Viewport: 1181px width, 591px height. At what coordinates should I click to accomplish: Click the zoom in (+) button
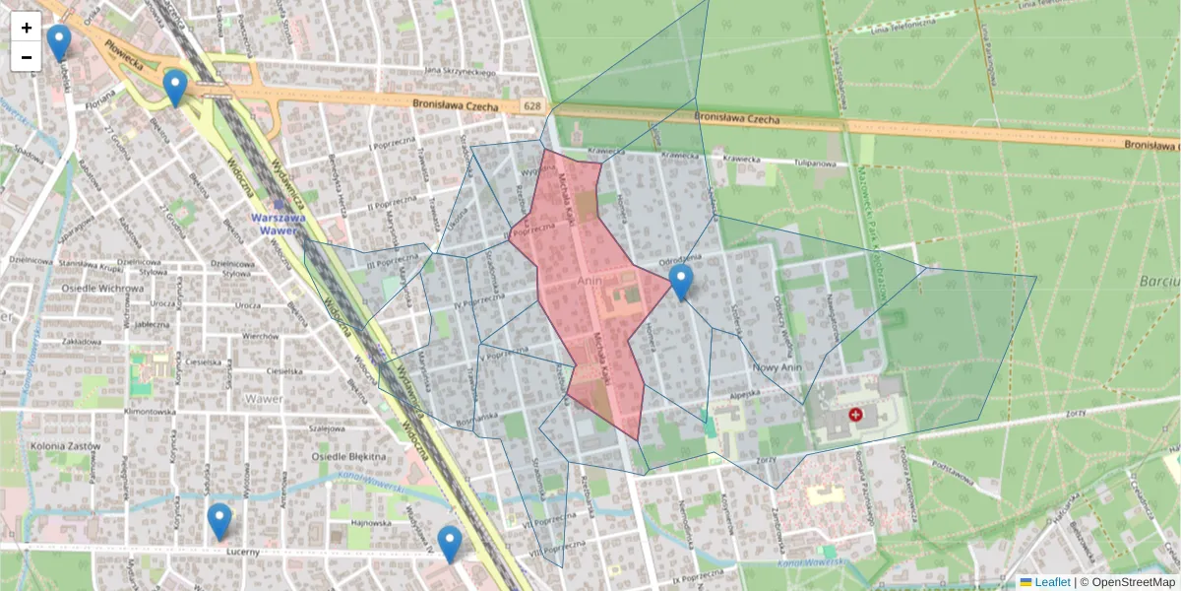click(x=27, y=28)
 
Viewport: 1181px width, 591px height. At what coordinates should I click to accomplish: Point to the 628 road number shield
click(x=532, y=105)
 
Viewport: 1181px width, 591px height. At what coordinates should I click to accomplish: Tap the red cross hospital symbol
click(x=855, y=416)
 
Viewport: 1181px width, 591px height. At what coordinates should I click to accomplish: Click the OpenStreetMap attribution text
click(x=1127, y=582)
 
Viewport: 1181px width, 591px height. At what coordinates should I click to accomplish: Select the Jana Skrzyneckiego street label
click(x=459, y=71)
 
